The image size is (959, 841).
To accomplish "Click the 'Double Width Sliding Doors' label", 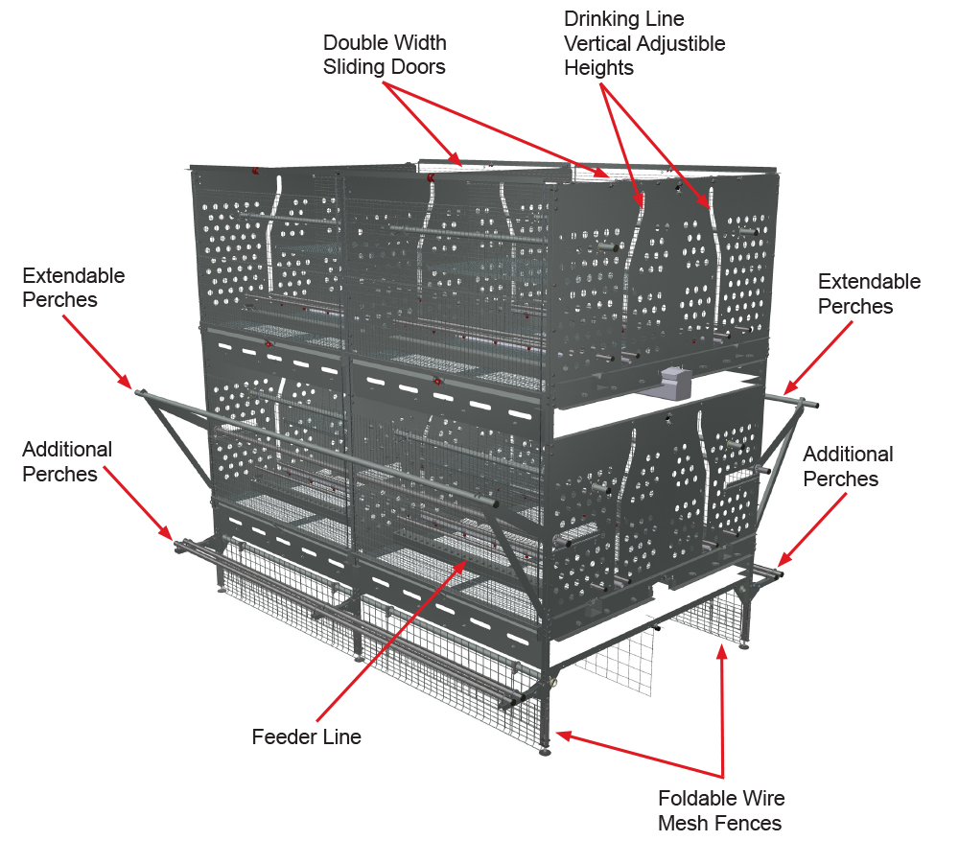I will [384, 55].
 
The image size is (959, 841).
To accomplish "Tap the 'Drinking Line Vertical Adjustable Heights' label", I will [643, 43].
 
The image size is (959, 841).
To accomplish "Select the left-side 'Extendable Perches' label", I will [73, 288].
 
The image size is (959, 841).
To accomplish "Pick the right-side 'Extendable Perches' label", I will [869, 293].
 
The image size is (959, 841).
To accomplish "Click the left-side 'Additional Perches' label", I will [67, 461].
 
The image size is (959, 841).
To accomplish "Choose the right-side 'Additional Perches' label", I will [848, 466].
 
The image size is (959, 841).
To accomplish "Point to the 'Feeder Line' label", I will [306, 737].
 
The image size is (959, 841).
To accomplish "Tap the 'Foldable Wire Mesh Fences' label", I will [720, 810].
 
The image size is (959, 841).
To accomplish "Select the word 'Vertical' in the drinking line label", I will [597, 43].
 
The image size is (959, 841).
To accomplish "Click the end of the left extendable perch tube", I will [140, 392].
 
